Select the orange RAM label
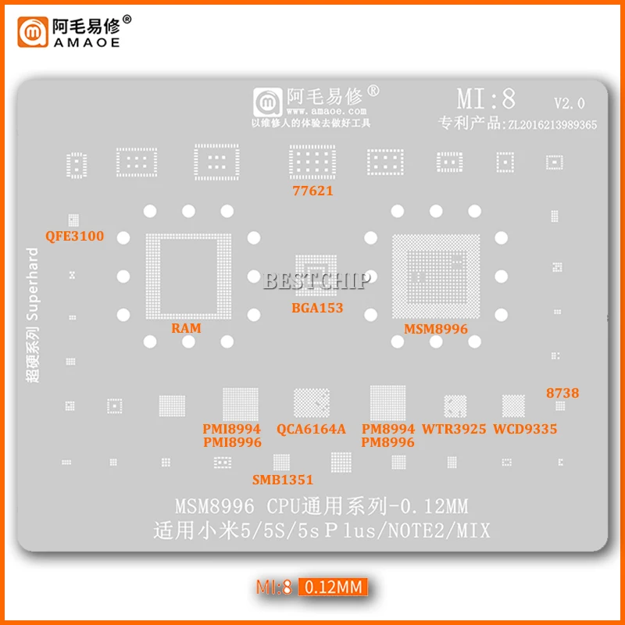(x=186, y=328)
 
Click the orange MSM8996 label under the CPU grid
(x=436, y=329)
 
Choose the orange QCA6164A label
(x=311, y=429)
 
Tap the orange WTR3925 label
(x=454, y=429)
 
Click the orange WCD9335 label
(x=524, y=429)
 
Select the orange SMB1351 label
(x=282, y=479)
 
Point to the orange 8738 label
(x=562, y=393)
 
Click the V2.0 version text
(x=569, y=103)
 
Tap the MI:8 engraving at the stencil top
(x=486, y=99)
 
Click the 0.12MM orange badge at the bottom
(x=333, y=586)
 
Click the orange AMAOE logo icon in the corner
(x=32, y=31)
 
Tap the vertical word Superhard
(x=33, y=284)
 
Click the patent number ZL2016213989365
(x=552, y=123)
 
